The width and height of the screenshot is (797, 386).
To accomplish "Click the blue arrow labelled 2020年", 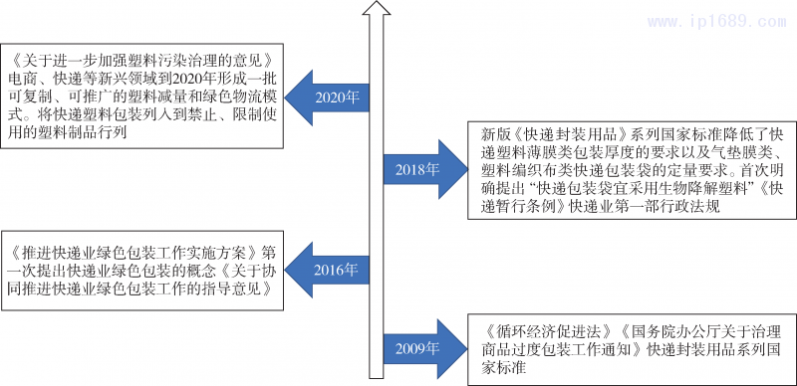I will click(335, 97).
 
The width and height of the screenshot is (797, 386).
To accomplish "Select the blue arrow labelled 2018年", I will click(419, 168).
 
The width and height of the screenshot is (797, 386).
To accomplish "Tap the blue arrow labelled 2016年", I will click(335, 271).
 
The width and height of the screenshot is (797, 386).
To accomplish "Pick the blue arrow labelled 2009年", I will click(419, 348).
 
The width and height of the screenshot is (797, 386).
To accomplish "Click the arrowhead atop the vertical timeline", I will click(375, 10).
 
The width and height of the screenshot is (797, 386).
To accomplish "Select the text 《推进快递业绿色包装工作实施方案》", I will click(135, 253).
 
